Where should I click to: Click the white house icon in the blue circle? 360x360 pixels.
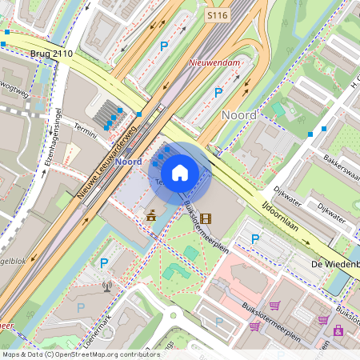(x=180, y=172)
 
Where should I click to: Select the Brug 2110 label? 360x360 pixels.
(x=51, y=54)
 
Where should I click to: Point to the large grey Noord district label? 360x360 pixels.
(x=238, y=115)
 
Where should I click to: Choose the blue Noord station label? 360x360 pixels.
(x=128, y=162)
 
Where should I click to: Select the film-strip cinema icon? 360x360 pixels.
(x=206, y=217)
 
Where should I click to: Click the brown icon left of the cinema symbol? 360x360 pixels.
(x=150, y=215)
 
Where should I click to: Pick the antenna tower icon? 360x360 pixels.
(x=106, y=285)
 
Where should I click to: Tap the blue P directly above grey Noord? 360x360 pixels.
(x=218, y=93)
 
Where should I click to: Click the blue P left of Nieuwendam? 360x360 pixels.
(x=164, y=47)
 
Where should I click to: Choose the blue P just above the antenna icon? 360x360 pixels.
(x=103, y=262)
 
